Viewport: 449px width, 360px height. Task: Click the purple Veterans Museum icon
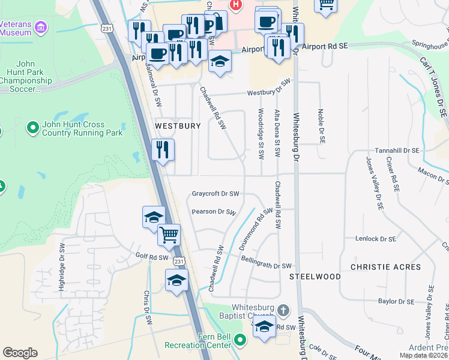(x=41, y=27)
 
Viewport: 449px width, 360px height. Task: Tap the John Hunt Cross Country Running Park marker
(x=32, y=128)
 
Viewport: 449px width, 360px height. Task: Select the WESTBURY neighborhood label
(x=177, y=127)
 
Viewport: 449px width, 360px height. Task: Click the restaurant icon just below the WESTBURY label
(x=163, y=150)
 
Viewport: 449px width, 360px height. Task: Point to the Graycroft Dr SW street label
(x=215, y=194)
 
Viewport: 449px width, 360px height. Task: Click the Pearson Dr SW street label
(x=214, y=212)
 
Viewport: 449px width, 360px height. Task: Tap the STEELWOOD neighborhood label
(x=315, y=277)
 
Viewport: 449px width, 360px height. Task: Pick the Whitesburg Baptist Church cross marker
(x=283, y=311)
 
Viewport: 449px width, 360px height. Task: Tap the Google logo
(x=20, y=353)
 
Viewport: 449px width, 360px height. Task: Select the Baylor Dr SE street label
(x=397, y=301)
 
